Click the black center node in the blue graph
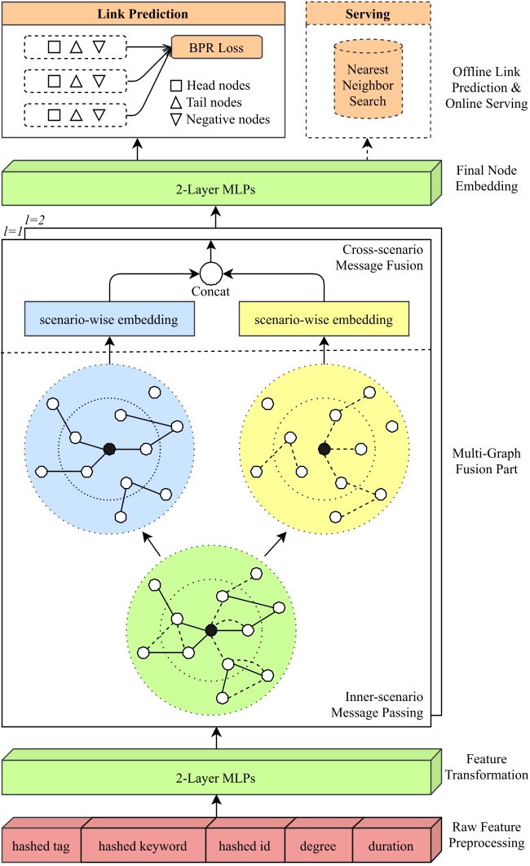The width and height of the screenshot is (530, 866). click(108, 447)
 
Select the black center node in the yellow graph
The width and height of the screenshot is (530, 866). click(324, 449)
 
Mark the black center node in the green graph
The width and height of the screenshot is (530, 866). click(212, 629)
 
